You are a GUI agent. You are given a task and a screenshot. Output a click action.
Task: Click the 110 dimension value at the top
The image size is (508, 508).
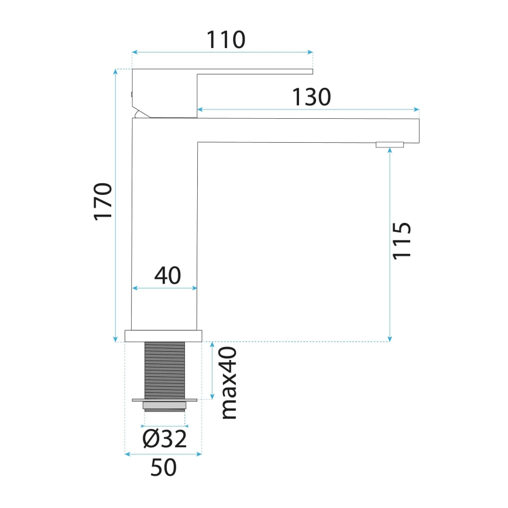225,39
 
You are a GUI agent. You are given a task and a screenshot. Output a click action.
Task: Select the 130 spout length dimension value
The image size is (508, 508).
312,97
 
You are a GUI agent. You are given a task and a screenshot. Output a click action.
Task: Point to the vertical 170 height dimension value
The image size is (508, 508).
103,201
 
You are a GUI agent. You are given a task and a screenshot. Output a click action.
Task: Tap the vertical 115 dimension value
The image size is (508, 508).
402,240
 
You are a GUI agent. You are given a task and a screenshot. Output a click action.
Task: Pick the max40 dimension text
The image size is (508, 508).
229,382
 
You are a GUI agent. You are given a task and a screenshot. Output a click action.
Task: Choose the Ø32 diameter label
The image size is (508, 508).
164,438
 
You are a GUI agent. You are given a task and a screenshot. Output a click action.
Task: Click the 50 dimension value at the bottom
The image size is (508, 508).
164,468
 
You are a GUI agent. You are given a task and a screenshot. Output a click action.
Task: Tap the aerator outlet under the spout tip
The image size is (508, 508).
390,145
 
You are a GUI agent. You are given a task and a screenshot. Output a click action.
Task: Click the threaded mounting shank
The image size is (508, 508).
164,370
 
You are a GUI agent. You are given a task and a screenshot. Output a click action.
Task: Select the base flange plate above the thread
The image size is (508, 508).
164,335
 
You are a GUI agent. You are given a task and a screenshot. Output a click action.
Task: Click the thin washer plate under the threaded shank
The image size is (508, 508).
164,400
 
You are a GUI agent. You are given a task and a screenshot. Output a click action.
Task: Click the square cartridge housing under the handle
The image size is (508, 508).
165,94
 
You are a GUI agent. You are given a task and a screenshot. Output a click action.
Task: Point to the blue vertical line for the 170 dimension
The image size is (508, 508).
115,205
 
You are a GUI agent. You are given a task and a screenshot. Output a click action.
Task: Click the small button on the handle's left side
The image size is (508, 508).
132,94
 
